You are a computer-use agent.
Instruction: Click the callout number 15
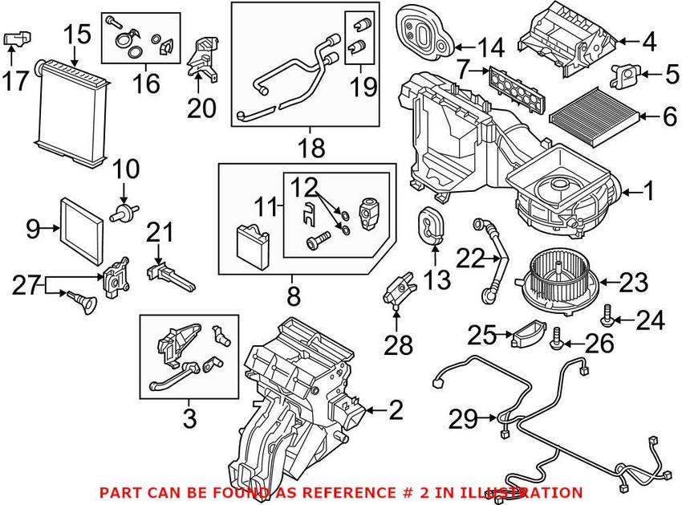(79, 34)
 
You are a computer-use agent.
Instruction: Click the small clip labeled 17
(18, 38)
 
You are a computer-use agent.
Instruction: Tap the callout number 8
(294, 297)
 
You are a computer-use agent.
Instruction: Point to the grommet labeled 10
(123, 214)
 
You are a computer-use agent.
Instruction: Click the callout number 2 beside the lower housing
(394, 411)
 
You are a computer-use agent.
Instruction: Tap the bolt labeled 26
(556, 344)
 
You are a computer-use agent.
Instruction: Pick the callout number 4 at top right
(647, 40)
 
